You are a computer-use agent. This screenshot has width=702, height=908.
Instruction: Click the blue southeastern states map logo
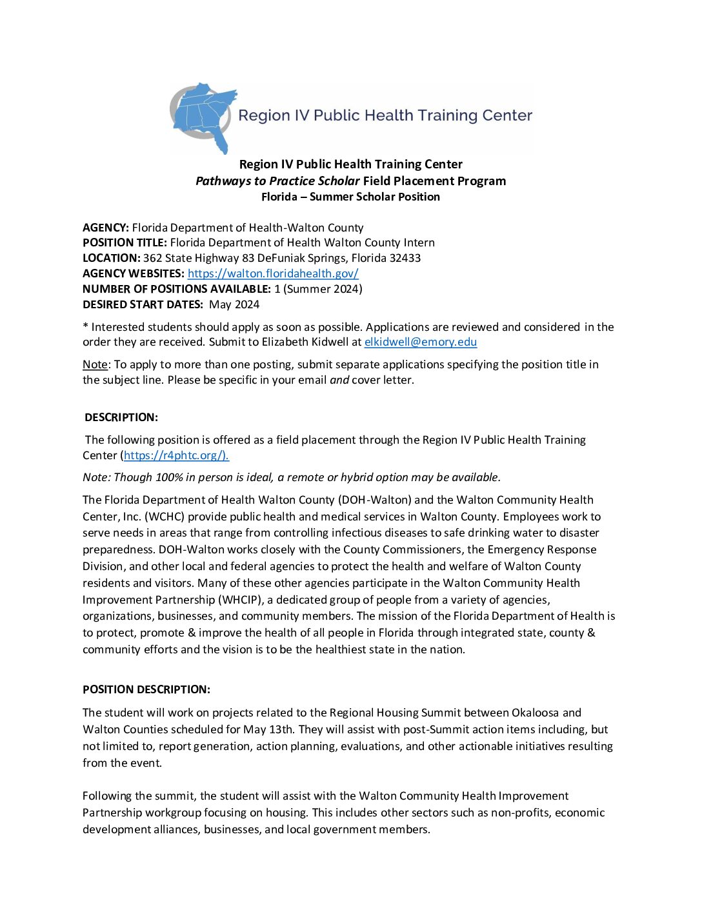(x=203, y=116)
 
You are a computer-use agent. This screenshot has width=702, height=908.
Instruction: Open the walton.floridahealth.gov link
(x=273, y=273)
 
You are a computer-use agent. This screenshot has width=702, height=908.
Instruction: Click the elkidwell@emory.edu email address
(x=420, y=342)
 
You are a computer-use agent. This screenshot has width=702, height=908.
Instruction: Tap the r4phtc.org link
(x=175, y=455)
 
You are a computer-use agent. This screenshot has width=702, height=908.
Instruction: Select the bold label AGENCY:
(x=106, y=228)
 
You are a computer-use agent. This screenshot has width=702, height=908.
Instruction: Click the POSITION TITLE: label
(x=125, y=242)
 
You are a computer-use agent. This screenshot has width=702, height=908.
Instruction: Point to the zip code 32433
(x=405, y=258)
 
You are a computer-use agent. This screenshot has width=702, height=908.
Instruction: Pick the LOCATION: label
(x=111, y=258)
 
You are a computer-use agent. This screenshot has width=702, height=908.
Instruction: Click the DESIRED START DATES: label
(x=143, y=304)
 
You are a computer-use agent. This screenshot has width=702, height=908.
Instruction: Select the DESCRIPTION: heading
(x=121, y=417)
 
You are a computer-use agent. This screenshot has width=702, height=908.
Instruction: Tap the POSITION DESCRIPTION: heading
(x=146, y=689)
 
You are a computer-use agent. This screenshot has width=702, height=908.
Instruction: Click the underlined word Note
(x=95, y=364)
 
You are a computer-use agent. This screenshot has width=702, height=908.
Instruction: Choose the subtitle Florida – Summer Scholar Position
(x=350, y=197)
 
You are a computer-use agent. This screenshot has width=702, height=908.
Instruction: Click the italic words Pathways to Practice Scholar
(x=277, y=181)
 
